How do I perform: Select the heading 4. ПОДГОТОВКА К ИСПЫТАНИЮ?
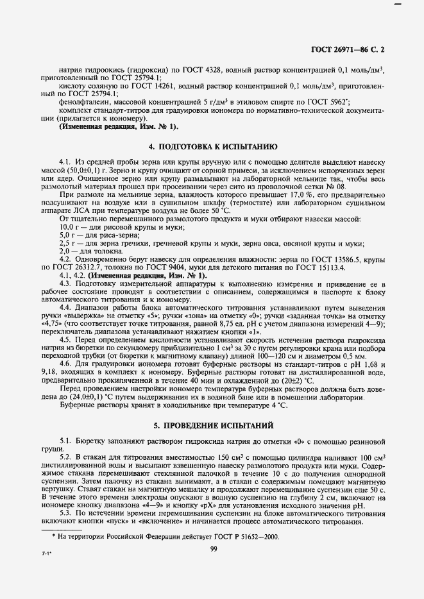coord(212,147)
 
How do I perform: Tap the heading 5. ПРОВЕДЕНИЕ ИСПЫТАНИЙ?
coord(212,425)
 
